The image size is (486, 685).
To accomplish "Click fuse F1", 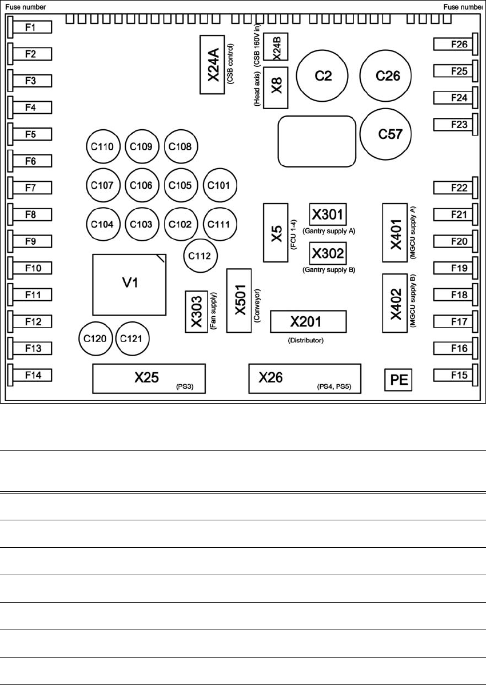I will pos(31,27).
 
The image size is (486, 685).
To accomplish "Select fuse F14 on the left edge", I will pos(31,375).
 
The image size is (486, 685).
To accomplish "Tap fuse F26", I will pos(455,44).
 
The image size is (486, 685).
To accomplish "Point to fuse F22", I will pos(455,188).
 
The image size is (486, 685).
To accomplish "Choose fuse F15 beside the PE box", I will pos(455,375).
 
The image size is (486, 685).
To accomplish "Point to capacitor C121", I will pos(132,338).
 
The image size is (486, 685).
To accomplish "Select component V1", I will pos(131,284).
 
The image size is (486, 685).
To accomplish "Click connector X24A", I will pos(213,65).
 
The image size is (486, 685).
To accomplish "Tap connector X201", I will pos(309,322).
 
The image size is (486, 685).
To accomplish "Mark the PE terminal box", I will pos(398,380).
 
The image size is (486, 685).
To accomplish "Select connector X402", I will pos(395,303).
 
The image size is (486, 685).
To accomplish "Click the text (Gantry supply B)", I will pos(332,269).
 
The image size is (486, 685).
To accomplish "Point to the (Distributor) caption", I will pos(305,341).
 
